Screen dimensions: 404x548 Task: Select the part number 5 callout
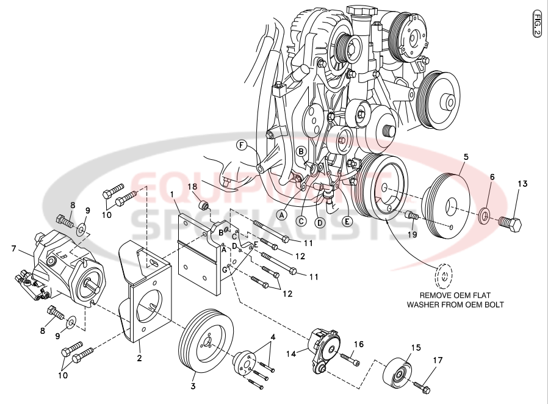pyautogui.click(x=466, y=157)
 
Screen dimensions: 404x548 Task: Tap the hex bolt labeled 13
pyautogui.click(x=511, y=224)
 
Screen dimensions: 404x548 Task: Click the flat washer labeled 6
pyautogui.click(x=483, y=215)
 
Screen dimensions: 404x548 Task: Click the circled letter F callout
pyautogui.click(x=242, y=145)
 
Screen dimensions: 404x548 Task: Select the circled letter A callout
pyautogui.click(x=282, y=214)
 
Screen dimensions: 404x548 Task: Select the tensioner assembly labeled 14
pyautogui.click(x=323, y=350)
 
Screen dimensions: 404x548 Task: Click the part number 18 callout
pyautogui.click(x=192, y=186)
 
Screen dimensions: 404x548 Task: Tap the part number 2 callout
pyautogui.click(x=139, y=358)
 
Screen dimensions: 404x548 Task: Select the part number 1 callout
pyautogui.click(x=173, y=195)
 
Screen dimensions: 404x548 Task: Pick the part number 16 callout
pyautogui.click(x=359, y=344)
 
